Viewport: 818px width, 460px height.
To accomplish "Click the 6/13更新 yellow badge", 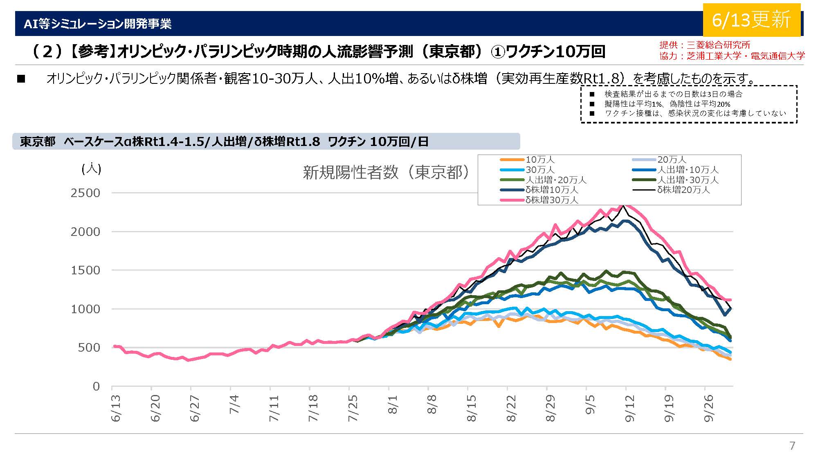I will coord(751,20).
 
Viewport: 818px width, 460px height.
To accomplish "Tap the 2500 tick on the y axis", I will coord(85,193).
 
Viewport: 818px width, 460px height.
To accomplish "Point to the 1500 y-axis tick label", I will coord(85,270).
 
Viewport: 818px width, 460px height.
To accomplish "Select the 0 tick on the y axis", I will coord(96,386).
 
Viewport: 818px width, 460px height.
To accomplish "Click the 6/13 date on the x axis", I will coord(116,408).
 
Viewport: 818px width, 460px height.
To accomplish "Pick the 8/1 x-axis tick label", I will coord(393,405).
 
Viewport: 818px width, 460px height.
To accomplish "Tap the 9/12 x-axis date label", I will coord(630,408).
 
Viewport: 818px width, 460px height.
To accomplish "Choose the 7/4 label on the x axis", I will coord(234,405).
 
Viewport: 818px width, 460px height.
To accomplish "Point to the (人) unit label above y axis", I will coord(91,168).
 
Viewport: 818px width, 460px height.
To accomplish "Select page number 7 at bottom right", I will coord(792,445).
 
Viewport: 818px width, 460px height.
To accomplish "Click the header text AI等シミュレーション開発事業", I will coord(97,24).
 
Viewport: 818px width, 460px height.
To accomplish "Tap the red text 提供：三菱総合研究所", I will coord(705,45).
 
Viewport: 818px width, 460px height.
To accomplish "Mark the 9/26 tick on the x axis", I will coord(709,408).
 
